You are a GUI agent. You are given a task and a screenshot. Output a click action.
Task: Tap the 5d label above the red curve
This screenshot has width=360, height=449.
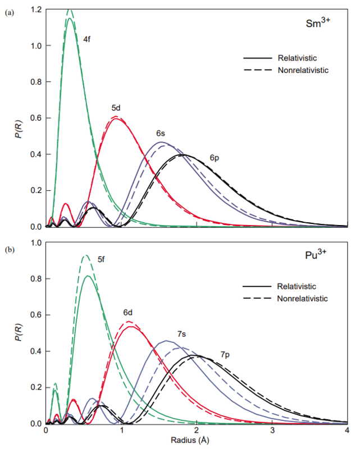coord(116,107)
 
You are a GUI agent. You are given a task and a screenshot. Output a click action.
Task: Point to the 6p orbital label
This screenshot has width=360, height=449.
coord(214,158)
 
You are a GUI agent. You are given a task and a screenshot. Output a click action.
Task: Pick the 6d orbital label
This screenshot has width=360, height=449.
coord(129,312)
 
